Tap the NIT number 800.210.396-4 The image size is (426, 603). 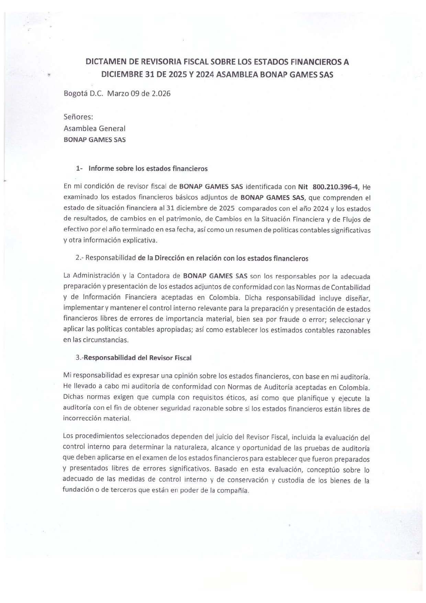click(336, 187)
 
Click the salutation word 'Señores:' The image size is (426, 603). click(78, 117)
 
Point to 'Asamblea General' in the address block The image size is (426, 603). click(94, 129)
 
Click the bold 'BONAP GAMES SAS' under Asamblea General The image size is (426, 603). click(94, 140)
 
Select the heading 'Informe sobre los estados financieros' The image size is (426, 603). click(148, 169)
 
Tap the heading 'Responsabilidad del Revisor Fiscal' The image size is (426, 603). click(138, 358)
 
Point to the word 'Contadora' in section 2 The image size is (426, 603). click(153, 276)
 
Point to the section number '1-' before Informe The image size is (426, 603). click(80, 169)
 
